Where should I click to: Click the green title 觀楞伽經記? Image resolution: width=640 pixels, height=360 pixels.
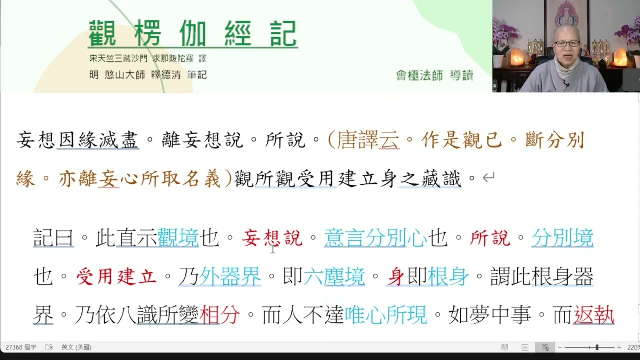193,34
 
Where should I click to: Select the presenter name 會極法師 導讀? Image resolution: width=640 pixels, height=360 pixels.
434,75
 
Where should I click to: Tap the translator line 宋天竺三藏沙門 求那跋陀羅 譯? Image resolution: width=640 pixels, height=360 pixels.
148,58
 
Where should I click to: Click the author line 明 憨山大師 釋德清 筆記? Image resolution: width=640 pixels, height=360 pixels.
148,75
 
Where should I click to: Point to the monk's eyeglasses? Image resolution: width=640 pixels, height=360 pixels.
566,44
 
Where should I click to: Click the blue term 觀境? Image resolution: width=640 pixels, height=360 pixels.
178,238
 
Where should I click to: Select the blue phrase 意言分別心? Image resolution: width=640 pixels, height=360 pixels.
375,238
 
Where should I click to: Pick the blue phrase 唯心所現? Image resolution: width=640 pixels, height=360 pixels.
386,315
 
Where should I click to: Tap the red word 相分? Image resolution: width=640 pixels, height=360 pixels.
220,315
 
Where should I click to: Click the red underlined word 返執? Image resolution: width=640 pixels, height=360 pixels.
594,315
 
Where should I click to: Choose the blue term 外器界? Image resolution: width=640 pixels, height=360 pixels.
230,276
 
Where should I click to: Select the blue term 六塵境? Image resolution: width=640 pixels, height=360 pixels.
334,276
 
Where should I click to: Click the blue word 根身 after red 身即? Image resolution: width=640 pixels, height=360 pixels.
448,276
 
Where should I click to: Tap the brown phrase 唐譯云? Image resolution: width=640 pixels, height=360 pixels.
368,140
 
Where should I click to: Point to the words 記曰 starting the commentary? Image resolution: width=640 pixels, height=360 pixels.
53,238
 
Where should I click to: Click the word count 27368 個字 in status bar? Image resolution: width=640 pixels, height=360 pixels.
21,347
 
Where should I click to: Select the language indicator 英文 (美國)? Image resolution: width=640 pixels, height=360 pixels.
76,347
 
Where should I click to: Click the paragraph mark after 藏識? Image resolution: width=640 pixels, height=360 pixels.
488,178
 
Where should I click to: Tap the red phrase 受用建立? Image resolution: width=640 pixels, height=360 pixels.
116,276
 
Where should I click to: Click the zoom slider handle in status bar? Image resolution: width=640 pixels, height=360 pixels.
596,347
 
